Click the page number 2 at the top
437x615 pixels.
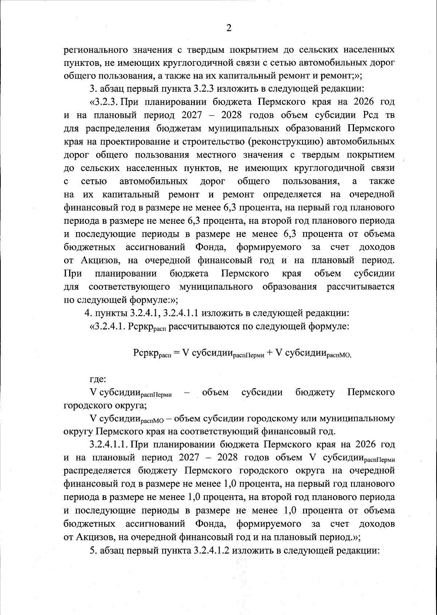click(228, 28)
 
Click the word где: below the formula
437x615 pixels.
click(98, 379)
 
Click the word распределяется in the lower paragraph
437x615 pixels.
click(97, 471)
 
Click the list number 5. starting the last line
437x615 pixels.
click(92, 550)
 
